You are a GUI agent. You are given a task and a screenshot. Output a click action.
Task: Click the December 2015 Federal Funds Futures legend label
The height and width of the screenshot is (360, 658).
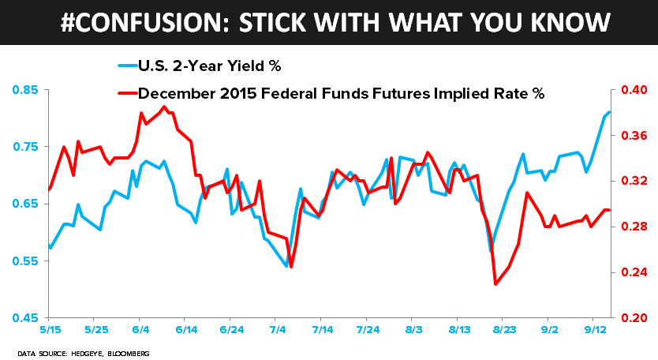(342, 94)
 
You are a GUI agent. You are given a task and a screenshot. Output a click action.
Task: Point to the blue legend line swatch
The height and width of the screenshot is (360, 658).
(126, 66)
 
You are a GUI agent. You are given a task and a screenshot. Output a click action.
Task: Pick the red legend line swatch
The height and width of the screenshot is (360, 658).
(126, 94)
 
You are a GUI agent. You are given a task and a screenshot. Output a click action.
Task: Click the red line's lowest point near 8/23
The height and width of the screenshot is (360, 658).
(495, 284)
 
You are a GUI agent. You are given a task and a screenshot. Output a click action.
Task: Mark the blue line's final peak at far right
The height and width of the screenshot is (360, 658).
(610, 112)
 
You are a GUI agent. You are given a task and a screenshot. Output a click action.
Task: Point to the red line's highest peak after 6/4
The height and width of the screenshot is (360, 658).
(164, 107)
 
